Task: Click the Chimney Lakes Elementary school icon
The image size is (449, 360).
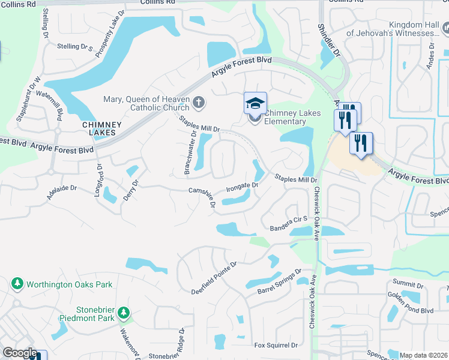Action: pos(255,104)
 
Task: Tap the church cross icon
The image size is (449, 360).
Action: pos(199,103)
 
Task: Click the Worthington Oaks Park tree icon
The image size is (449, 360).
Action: pos(17,283)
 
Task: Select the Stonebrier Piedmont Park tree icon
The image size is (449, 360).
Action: pos(124,313)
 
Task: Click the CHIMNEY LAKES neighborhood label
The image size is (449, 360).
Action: pos(102,129)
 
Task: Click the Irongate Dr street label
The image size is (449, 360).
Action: pos(242,187)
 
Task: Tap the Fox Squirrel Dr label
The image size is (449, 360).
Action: pos(276,345)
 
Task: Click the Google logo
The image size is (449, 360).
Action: pos(19,353)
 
